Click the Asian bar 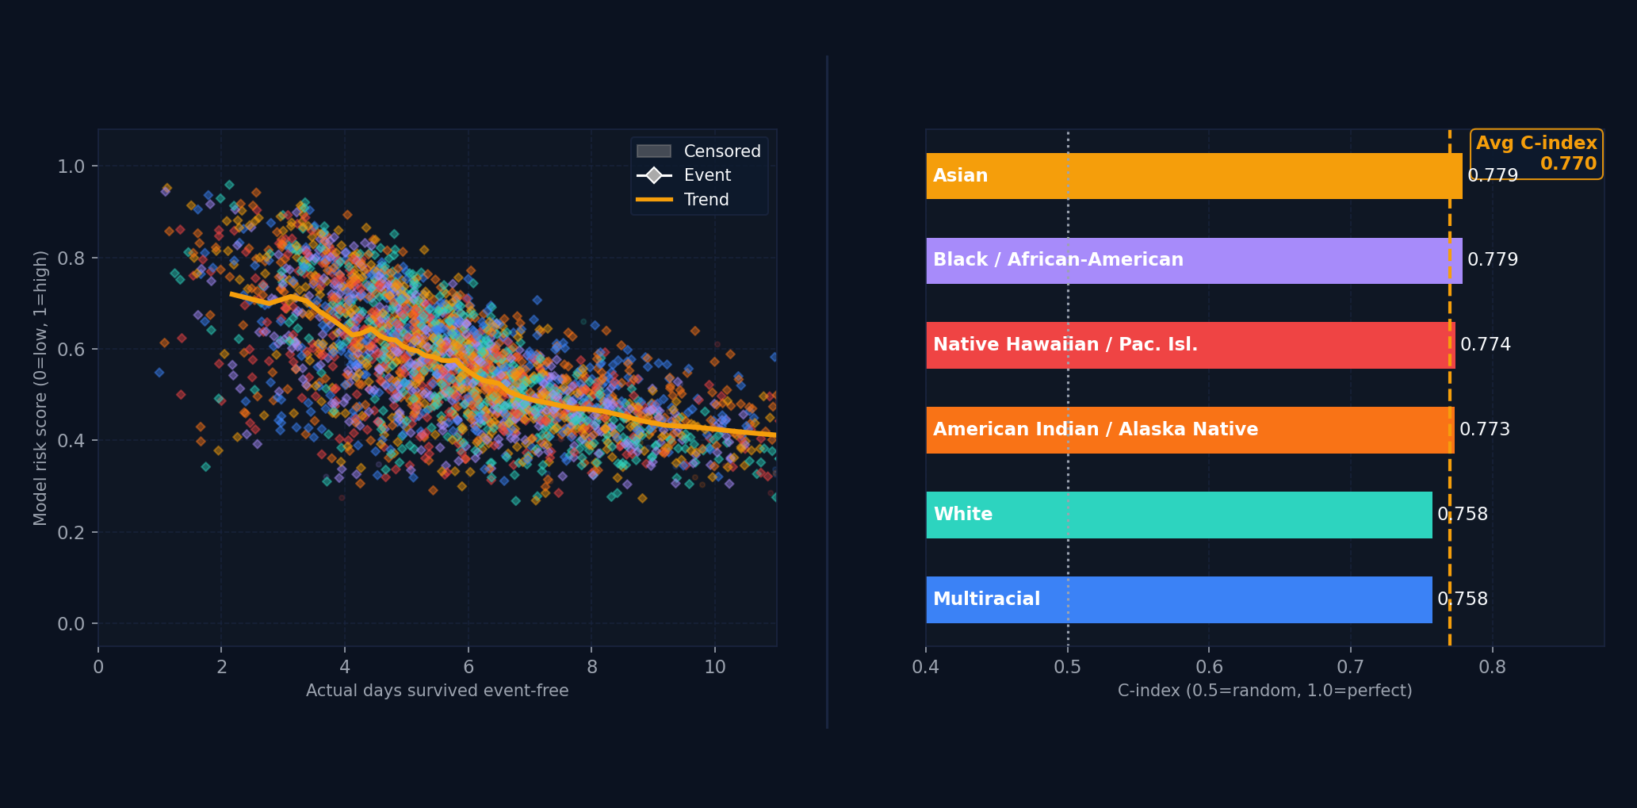(1193, 176)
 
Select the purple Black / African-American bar (1193, 261)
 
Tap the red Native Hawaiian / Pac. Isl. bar (1189, 345)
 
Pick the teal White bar (1179, 515)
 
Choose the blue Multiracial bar (1179, 599)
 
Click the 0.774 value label (1485, 345)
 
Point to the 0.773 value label (1484, 430)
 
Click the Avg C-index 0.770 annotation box (1536, 154)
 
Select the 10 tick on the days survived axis (714, 668)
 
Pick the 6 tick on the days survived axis (469, 668)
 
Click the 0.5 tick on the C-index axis (1067, 668)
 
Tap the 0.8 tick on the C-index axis (1492, 668)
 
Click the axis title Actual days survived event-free (437, 691)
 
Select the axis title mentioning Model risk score (40, 388)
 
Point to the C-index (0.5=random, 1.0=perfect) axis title (1264, 691)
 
